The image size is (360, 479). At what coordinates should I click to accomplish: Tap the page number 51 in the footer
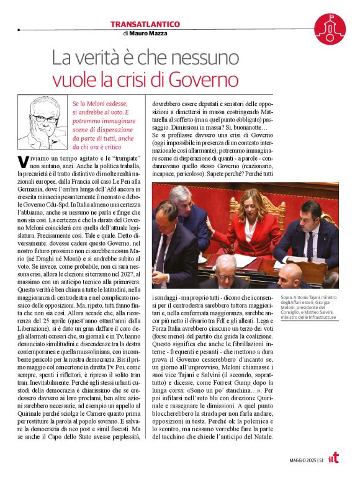pos(320,460)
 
